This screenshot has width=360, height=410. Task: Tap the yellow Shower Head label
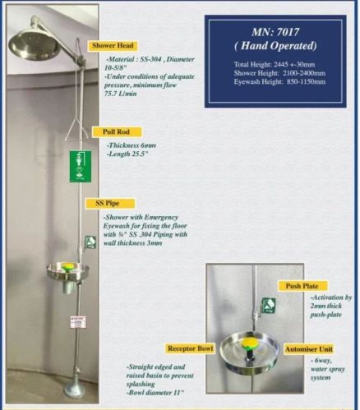113,46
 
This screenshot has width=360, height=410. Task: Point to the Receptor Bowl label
191,348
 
